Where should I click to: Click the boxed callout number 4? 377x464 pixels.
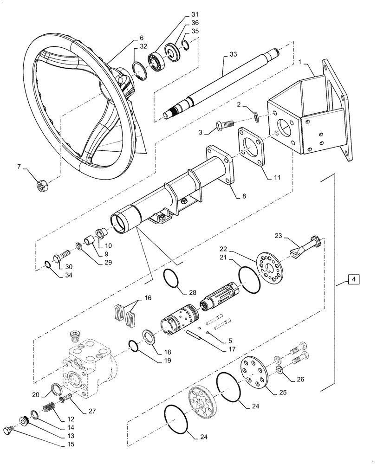353,280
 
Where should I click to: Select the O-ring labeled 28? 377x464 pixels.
173,282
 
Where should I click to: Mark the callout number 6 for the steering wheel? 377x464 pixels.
129,38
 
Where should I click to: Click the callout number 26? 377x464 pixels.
300,379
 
